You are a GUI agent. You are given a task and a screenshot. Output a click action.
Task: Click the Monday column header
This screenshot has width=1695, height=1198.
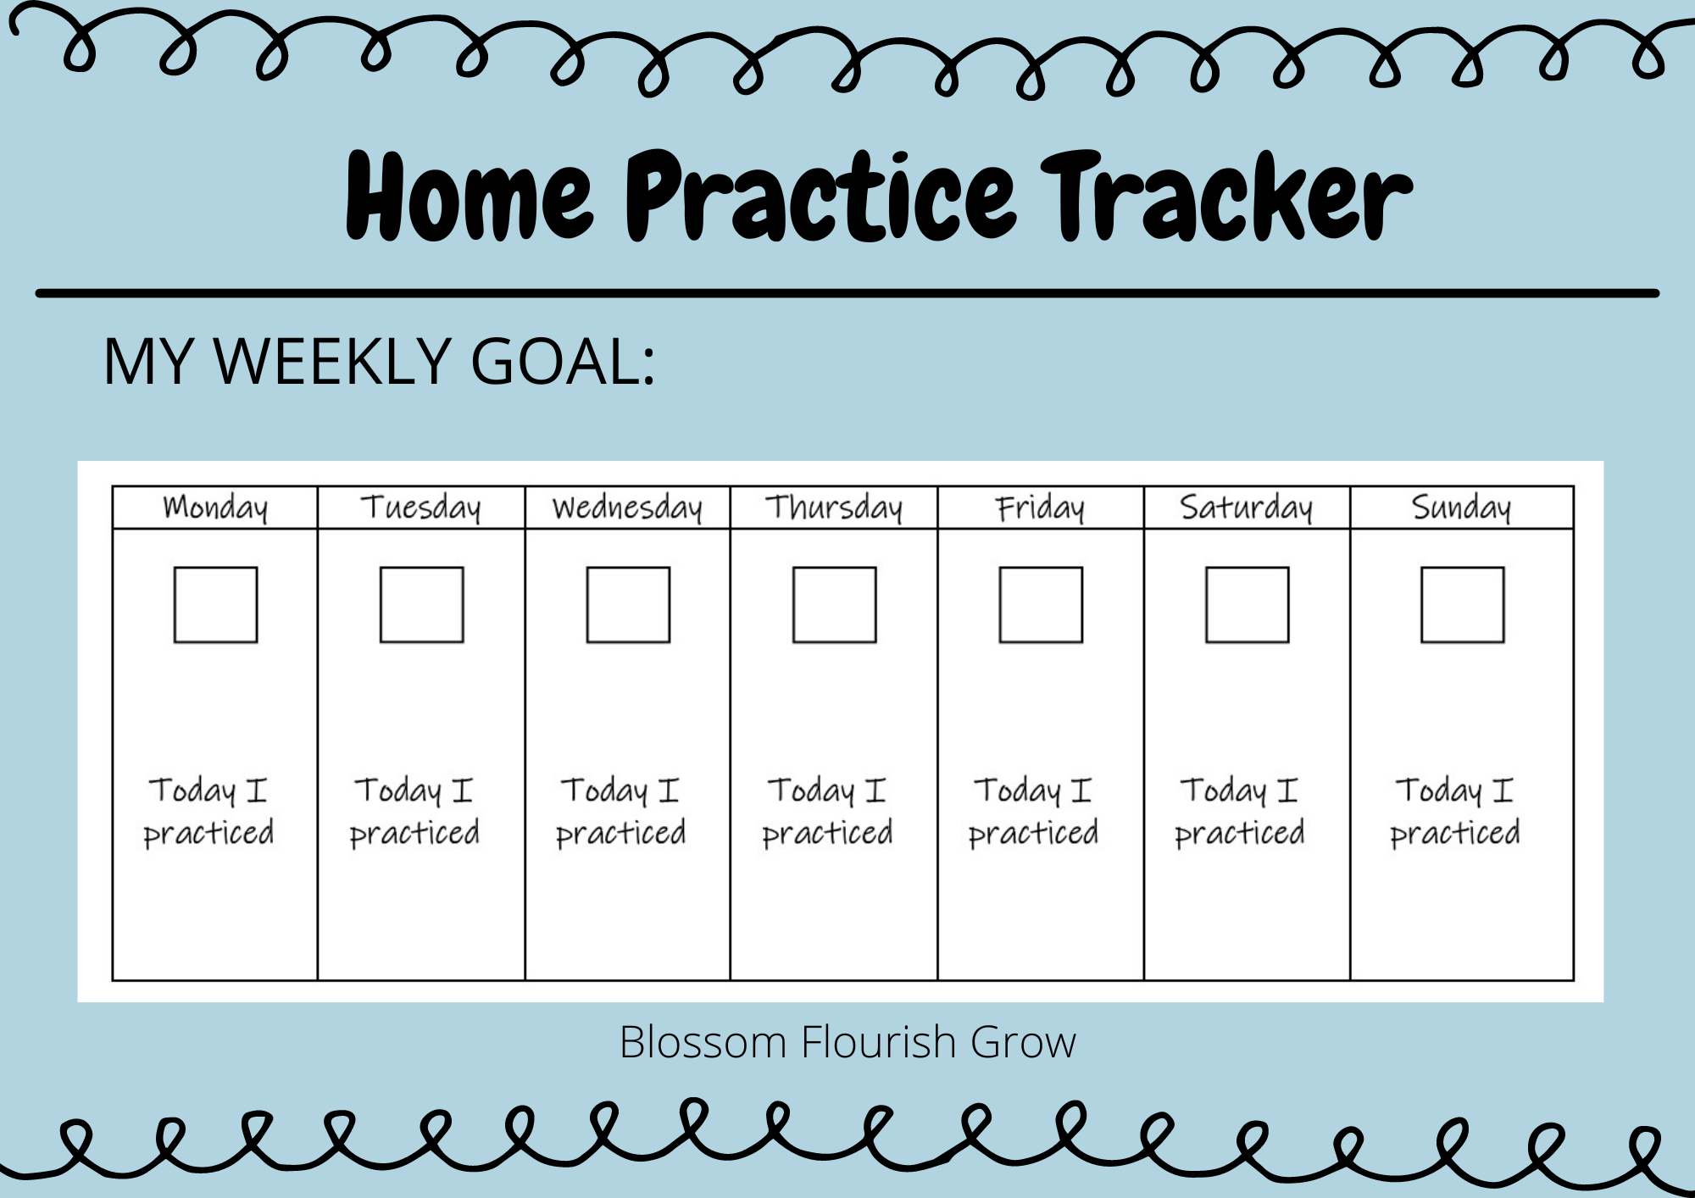click(215, 507)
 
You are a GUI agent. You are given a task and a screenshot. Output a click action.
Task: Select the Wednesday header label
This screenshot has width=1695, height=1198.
click(627, 507)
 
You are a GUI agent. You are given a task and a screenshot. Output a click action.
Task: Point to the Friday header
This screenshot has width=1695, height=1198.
click(1040, 507)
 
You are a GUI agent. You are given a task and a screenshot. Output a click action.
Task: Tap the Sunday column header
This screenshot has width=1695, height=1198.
click(1461, 507)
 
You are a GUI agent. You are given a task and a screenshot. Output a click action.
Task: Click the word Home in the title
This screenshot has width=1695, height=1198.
click(470, 196)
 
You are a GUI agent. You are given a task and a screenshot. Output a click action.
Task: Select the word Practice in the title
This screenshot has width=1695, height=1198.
click(820, 196)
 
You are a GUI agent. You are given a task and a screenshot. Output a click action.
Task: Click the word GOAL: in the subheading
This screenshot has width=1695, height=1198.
click(563, 362)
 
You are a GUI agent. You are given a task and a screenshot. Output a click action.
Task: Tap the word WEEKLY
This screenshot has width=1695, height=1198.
click(331, 362)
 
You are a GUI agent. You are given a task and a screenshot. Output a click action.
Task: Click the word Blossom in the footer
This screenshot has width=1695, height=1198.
click(703, 1042)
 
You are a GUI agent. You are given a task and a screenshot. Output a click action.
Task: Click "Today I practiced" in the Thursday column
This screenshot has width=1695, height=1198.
click(828, 812)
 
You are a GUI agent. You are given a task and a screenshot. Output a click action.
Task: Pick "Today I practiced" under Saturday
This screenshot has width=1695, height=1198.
click(1240, 812)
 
